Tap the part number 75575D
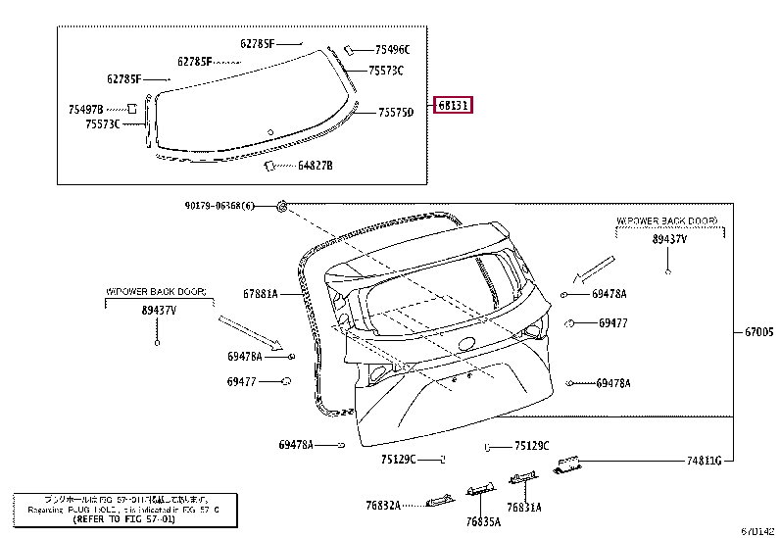(x=397, y=113)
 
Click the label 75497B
(x=86, y=108)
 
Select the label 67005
(x=758, y=332)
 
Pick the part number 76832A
(x=385, y=505)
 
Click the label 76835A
(x=483, y=521)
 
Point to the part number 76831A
(x=525, y=507)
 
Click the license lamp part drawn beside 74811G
(x=569, y=465)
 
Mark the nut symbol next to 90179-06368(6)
(x=281, y=206)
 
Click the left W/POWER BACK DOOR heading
(x=157, y=292)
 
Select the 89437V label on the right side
(x=670, y=238)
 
